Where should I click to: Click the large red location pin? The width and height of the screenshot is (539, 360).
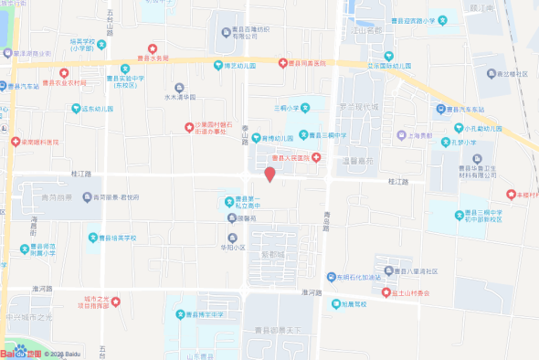click(269, 174)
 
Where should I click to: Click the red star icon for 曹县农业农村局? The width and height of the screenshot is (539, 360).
click(63, 72)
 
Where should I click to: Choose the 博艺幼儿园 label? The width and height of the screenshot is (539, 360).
click(239, 66)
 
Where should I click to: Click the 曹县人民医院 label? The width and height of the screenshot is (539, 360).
click(292, 158)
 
